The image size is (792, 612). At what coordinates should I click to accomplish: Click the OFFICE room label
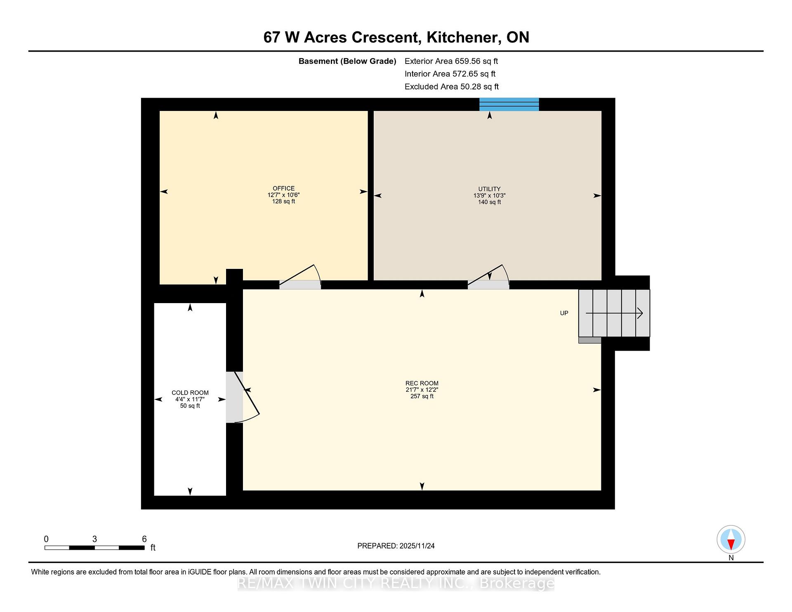click(x=283, y=188)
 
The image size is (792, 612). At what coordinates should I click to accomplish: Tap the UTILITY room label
click(x=489, y=189)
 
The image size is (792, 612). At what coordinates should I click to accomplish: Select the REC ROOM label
click(x=422, y=383)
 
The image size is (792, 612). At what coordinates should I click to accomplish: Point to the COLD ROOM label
click(x=190, y=393)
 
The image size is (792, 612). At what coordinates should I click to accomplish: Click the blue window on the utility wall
click(x=509, y=104)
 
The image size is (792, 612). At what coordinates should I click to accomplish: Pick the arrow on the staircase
click(x=614, y=313)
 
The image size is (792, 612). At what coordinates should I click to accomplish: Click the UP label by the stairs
click(x=564, y=313)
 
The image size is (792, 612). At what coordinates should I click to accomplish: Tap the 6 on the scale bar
click(x=144, y=539)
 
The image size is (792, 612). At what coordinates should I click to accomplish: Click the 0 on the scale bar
click(x=46, y=539)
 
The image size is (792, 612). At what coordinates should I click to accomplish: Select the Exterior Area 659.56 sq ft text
click(x=451, y=61)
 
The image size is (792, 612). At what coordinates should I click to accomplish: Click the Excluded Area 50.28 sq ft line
click(x=452, y=87)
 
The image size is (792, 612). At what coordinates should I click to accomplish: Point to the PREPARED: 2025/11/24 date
click(x=396, y=546)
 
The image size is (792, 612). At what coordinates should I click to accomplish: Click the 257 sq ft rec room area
click(x=422, y=396)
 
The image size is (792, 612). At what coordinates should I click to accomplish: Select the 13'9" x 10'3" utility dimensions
click(x=489, y=195)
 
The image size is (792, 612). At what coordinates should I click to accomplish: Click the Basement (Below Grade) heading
click(x=347, y=61)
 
